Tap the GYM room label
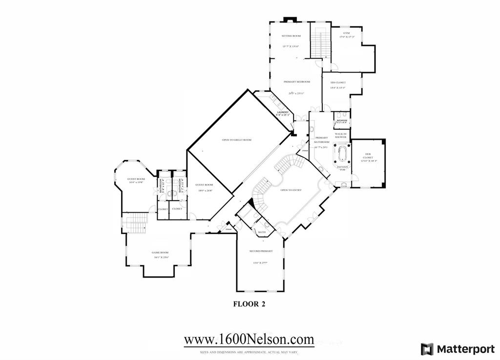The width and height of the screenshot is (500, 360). (346, 33)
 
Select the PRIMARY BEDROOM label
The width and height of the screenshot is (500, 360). (297, 82)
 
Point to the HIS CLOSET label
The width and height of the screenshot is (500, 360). (338, 82)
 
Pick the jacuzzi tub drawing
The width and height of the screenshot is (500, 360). (341, 155)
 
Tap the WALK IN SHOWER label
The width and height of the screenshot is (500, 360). (341, 135)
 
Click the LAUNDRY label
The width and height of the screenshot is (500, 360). (284, 113)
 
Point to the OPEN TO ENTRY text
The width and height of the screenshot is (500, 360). (291, 190)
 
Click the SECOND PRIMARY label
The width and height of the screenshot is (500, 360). (261, 251)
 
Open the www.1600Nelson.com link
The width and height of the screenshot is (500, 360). (249, 339)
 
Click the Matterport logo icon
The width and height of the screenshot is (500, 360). (427, 349)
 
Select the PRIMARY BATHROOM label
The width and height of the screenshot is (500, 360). (321, 140)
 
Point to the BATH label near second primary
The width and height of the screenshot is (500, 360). (262, 232)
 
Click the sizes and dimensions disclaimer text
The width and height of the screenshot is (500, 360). (249, 352)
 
